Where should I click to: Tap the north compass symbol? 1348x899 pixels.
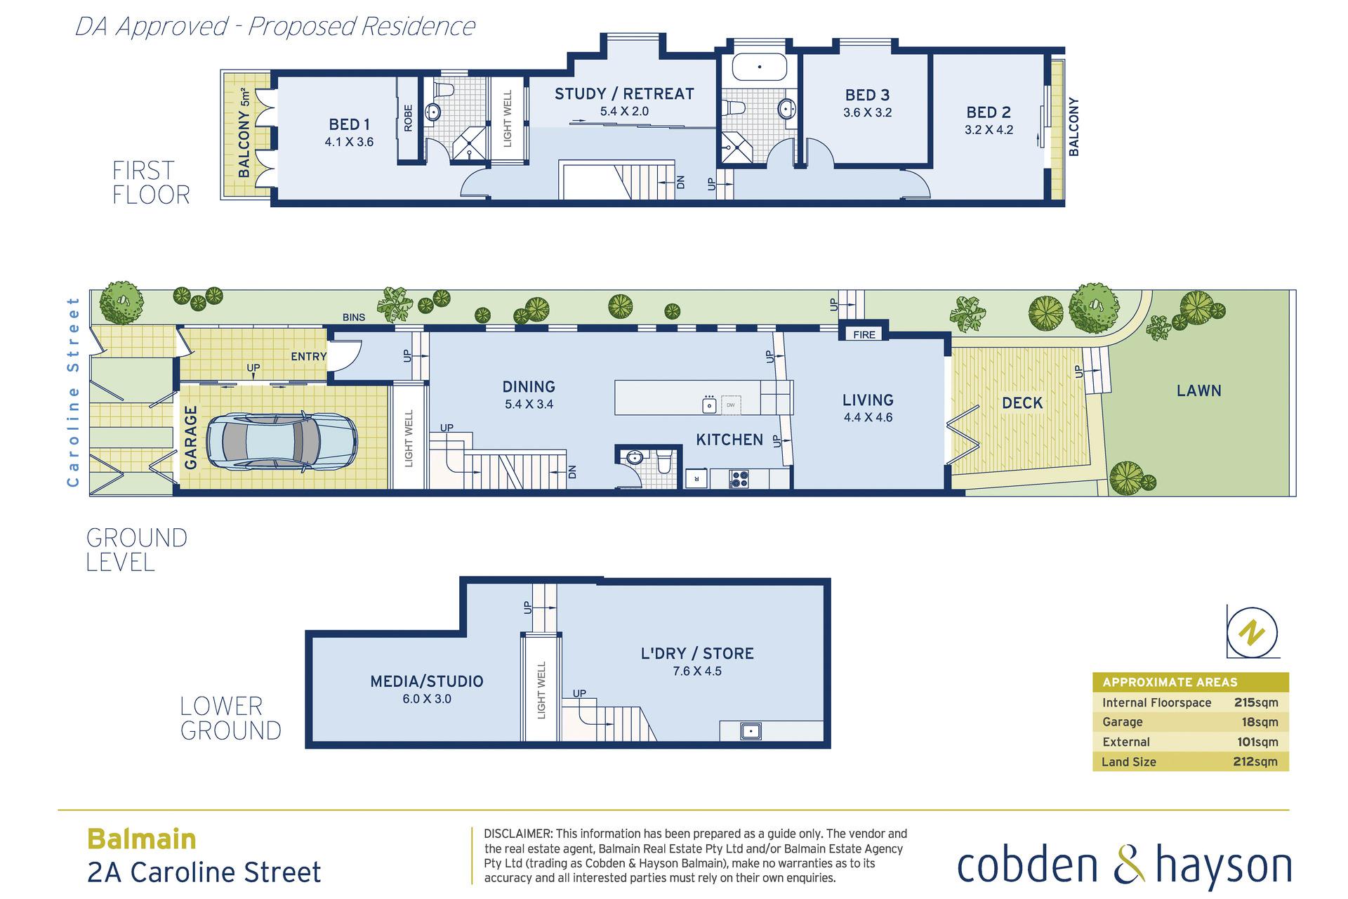[1253, 632]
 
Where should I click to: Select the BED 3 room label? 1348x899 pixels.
[867, 95]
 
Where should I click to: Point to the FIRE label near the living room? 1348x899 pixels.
[864, 334]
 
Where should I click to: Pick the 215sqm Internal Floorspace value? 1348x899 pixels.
[1256, 702]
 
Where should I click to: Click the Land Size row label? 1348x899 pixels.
[1129, 762]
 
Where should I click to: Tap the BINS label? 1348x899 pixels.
[354, 317]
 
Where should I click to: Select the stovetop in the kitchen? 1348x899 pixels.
[739, 479]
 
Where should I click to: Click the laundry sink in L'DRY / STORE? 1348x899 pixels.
[751, 731]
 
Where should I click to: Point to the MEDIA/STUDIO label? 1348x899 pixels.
[427, 681]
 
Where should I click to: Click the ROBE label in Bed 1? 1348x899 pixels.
[408, 118]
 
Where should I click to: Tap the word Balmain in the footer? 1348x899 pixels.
[141, 839]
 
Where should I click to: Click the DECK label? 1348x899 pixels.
[1022, 403]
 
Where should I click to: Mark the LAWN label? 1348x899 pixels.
[1199, 391]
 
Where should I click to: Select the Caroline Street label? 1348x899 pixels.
[73, 392]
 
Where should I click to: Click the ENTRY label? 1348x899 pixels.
[309, 357]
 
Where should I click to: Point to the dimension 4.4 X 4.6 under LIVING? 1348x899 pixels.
[868, 418]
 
